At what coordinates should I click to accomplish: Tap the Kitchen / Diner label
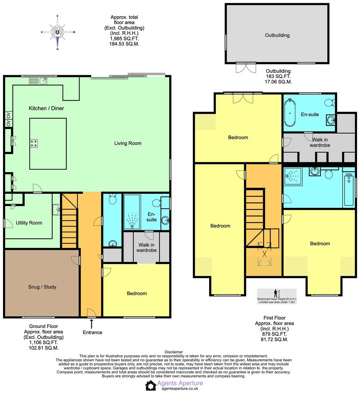[x=46, y=108]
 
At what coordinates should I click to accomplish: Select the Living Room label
[x=128, y=143]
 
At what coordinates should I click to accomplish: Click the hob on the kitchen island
[x=34, y=143]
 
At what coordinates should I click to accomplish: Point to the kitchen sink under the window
[x=43, y=80]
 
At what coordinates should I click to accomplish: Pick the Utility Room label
[x=29, y=223]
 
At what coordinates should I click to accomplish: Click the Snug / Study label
[x=42, y=287]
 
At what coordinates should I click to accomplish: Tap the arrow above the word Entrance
[x=91, y=324]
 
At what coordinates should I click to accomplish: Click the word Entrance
[x=92, y=333]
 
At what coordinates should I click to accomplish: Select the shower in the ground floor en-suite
[x=132, y=220]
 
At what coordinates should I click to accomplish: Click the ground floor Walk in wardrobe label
[x=146, y=248]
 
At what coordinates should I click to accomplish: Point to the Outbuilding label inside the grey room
[x=277, y=35]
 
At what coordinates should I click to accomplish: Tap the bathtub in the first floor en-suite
[x=290, y=113]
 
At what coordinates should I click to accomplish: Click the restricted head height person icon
[x=276, y=293]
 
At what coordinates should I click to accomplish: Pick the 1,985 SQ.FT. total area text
[x=124, y=38]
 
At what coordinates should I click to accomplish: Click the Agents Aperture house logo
[x=151, y=385]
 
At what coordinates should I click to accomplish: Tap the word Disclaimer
[x=173, y=352]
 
